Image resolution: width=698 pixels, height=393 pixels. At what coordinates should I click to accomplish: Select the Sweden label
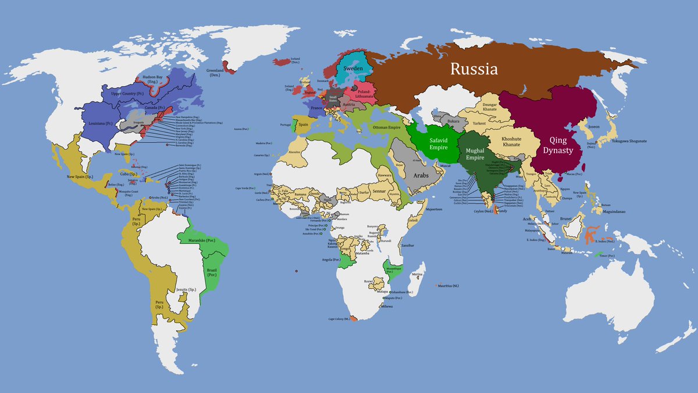click(353, 68)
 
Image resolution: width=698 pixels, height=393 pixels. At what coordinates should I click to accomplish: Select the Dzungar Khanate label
click(489, 107)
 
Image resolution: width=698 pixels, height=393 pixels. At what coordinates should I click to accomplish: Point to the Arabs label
click(421, 175)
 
